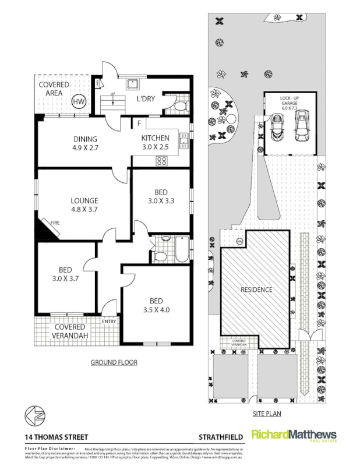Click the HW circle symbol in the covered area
(x=78, y=102)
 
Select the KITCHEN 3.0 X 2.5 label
(x=155, y=142)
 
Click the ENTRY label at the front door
(x=109, y=322)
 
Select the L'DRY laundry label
(x=145, y=98)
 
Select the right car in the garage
(x=302, y=126)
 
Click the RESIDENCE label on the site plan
(x=256, y=290)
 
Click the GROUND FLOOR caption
(x=114, y=362)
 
